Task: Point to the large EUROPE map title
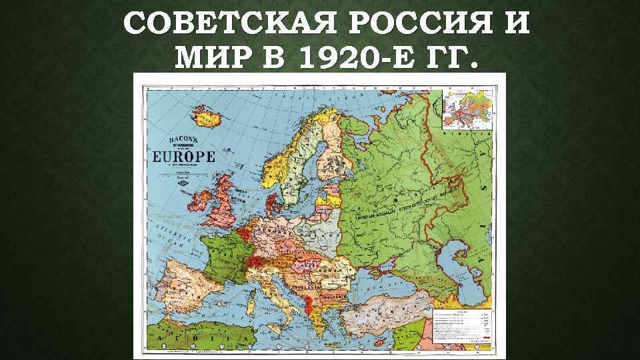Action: (x=185, y=157)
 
